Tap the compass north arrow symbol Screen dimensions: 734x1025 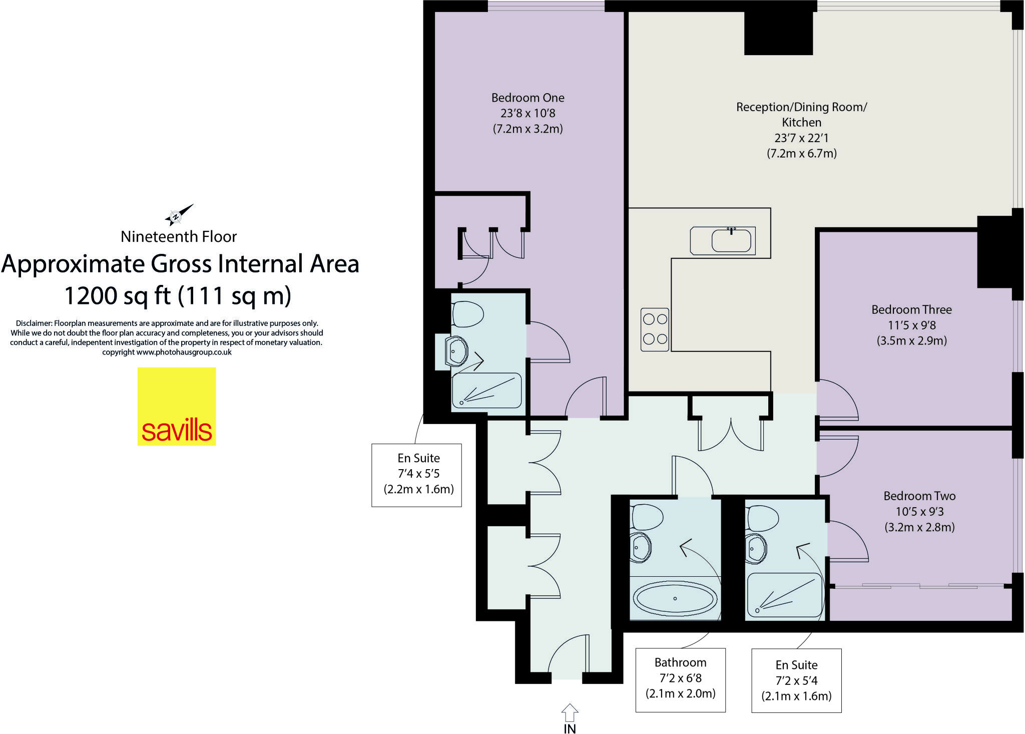[x=178, y=215]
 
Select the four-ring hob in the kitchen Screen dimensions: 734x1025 [x=655, y=329]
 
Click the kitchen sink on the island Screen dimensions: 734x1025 [x=731, y=240]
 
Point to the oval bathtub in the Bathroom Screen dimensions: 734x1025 [x=675, y=598]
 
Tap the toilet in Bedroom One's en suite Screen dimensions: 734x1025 [x=467, y=314]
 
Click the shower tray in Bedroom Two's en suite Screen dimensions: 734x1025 [x=784, y=595]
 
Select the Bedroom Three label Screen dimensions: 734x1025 [x=911, y=309]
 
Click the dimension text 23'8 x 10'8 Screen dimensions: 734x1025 [x=528, y=113]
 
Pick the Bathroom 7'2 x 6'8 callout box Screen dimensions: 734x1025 [x=680, y=679]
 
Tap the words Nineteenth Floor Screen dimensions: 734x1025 [x=179, y=236]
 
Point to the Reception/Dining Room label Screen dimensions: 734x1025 [x=801, y=107]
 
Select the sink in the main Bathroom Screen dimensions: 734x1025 [x=640, y=547]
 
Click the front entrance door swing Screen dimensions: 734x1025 [x=569, y=654]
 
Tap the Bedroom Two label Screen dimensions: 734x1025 [x=919, y=496]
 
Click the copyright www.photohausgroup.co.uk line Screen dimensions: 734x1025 [x=167, y=352]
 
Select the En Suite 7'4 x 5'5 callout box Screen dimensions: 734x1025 [x=416, y=475]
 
